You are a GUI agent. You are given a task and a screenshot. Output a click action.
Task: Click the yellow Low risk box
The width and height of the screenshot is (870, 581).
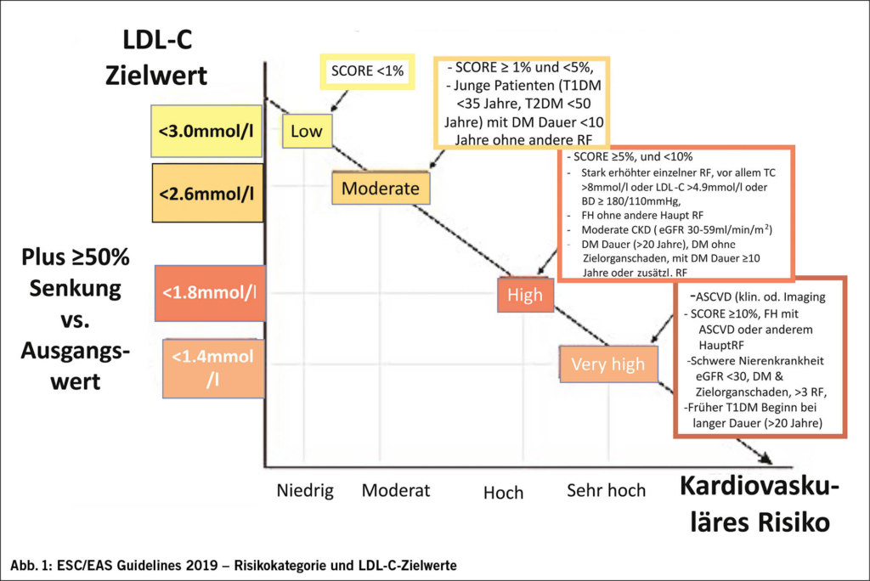[306, 131]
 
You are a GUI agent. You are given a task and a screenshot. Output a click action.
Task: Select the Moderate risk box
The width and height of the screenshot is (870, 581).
[381, 189]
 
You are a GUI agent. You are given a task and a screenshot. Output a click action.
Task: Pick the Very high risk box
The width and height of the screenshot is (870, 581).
[607, 364]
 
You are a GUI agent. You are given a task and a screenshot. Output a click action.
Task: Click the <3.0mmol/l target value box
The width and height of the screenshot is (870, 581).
[205, 132]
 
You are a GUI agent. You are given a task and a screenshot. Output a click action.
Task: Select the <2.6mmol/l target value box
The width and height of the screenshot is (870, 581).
[205, 193]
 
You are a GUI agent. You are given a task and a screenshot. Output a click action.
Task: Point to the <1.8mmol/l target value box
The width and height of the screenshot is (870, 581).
[207, 294]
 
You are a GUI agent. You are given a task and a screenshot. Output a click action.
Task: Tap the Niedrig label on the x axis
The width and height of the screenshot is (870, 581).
[305, 490]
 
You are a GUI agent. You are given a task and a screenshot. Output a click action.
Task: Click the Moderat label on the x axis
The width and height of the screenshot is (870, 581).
[396, 490]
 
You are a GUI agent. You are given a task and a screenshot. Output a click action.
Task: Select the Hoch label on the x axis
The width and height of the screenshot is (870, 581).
[503, 493]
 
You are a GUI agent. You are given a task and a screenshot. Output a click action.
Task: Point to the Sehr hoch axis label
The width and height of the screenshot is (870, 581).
[607, 490]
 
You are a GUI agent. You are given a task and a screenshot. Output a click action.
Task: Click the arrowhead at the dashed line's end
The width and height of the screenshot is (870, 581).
[764, 459]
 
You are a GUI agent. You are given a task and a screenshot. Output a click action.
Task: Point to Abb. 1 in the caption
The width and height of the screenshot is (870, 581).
[33, 564]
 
